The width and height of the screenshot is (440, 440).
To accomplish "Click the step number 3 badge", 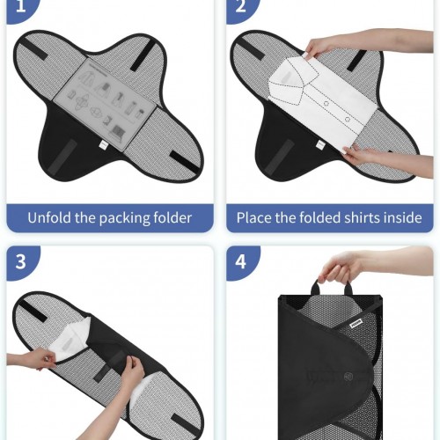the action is (x=21, y=261).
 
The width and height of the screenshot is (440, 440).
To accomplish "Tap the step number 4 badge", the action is (x=241, y=261).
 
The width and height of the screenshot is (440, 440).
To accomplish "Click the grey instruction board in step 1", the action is (x=104, y=105).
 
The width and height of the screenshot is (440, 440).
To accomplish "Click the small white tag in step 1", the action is (x=104, y=144).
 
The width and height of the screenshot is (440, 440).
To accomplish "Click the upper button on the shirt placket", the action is (x=326, y=103).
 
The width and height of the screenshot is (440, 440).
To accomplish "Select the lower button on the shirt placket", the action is (x=348, y=120).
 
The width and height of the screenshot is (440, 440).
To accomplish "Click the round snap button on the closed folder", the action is (x=348, y=376).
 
